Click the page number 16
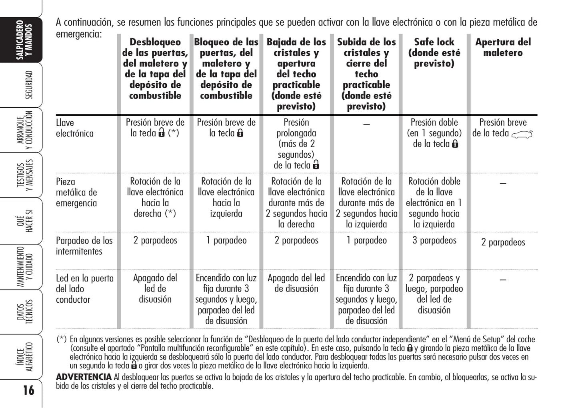(x=28, y=390)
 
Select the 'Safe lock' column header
(x=434, y=52)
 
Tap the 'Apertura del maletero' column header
(x=503, y=47)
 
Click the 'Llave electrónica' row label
(x=74, y=128)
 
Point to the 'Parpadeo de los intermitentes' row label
(x=84, y=246)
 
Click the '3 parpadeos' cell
(x=434, y=240)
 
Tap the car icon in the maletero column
(x=522, y=135)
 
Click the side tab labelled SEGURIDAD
(x=29, y=85)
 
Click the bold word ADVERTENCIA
(x=84, y=377)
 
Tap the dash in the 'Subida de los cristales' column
(x=366, y=124)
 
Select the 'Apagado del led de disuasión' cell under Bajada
(x=296, y=283)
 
